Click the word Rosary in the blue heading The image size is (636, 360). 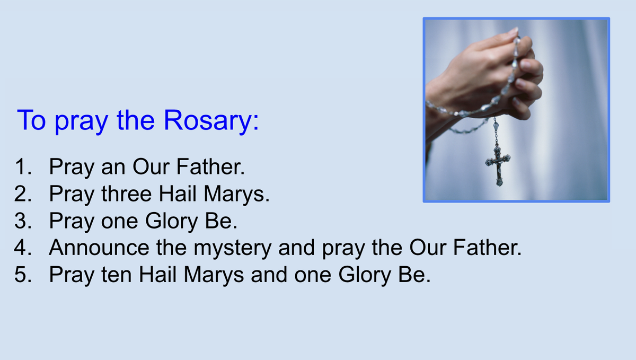pos(207,120)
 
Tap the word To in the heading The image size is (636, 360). pos(31,120)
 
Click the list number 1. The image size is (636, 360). pos(23,166)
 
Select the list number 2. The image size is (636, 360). pos(23,194)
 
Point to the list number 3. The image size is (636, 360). pos(23,221)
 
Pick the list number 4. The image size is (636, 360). pos(23,248)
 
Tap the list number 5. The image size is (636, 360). pos(23,275)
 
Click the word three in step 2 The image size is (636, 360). pos(127,194)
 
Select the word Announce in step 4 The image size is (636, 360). pos(99,248)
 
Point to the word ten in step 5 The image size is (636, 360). pos(117,275)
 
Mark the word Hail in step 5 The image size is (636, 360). pos(157,275)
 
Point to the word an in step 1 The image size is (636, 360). pos(113,169)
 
